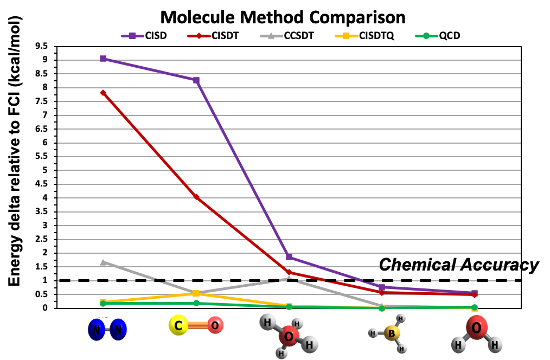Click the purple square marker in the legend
pyautogui.click(x=132, y=36)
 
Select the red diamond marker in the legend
pyautogui.click(x=199, y=36)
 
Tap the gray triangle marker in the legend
pyautogui.click(x=271, y=36)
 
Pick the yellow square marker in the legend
pyautogui.click(x=346, y=36)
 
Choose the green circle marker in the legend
pyautogui.click(x=426, y=36)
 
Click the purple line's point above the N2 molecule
pyautogui.click(x=103, y=59)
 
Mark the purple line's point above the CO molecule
pyautogui.click(x=196, y=80)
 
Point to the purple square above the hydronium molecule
pyautogui.click(x=289, y=257)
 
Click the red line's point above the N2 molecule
pyautogui.click(x=103, y=93)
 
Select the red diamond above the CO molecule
pyautogui.click(x=196, y=197)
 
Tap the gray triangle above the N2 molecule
pyautogui.click(x=103, y=262)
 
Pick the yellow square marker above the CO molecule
pyautogui.click(x=196, y=293)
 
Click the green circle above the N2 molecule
pyautogui.click(x=103, y=304)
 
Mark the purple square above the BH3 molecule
pyautogui.click(x=382, y=287)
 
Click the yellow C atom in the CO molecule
pyautogui.click(x=178, y=325)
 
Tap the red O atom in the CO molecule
pyautogui.click(x=215, y=325)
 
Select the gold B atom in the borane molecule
pyautogui.click(x=392, y=333)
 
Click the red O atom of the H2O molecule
pyautogui.click(x=476, y=327)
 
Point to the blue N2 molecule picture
pyautogui.click(x=107, y=330)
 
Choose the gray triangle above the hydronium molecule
pyautogui.click(x=289, y=279)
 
